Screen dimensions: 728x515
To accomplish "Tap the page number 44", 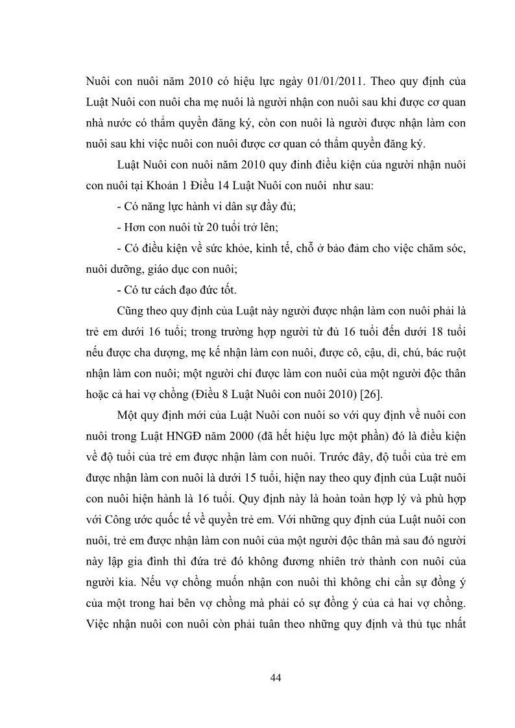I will (275, 678).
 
